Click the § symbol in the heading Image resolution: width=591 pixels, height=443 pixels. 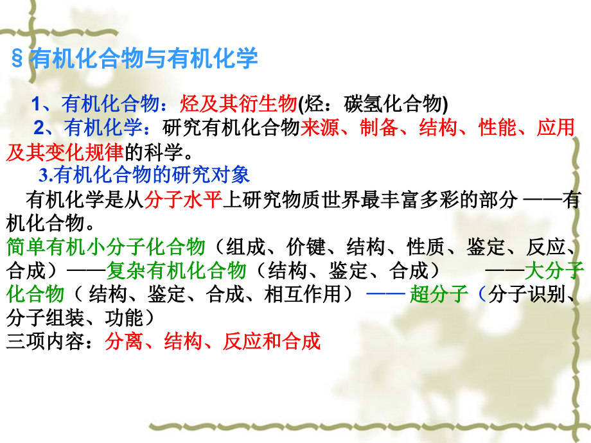(x=19, y=58)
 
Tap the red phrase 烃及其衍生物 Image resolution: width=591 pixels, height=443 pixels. (x=239, y=103)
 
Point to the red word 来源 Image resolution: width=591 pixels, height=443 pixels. (x=319, y=127)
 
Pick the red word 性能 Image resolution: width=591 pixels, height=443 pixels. (x=498, y=127)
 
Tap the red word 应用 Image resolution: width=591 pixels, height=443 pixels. (x=556, y=127)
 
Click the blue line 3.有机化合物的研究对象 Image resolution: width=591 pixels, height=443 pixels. (x=145, y=175)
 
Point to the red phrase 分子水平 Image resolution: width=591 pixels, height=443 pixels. (x=183, y=200)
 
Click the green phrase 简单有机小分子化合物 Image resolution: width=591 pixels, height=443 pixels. (x=105, y=247)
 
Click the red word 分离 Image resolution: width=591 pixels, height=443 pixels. (x=125, y=341)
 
